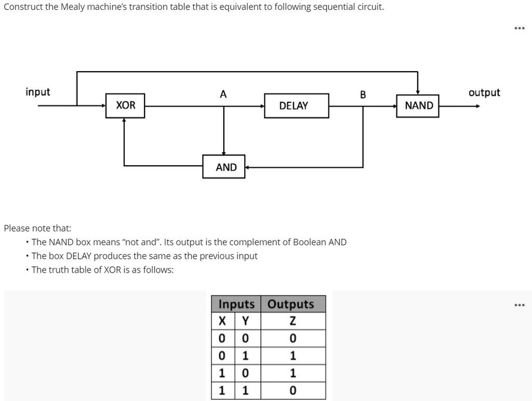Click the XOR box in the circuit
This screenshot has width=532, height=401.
pyautogui.click(x=125, y=105)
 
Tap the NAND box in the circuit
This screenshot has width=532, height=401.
pyautogui.click(x=418, y=106)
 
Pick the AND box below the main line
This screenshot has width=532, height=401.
pyautogui.click(x=224, y=167)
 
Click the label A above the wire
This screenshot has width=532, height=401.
pyautogui.click(x=223, y=94)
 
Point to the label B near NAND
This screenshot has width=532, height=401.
pyautogui.click(x=363, y=95)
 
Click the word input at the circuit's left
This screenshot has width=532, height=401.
pyautogui.click(x=38, y=92)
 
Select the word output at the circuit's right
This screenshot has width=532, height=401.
pyautogui.click(x=484, y=93)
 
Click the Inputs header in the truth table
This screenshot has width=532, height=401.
pyautogui.click(x=236, y=304)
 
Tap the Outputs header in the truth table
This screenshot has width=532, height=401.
pyautogui.click(x=291, y=304)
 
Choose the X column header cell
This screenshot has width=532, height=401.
pyautogui.click(x=223, y=321)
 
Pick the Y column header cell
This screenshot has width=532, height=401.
pyautogui.click(x=246, y=321)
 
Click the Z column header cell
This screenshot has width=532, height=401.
pyautogui.click(x=292, y=321)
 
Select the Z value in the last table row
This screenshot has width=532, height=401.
pyautogui.click(x=292, y=391)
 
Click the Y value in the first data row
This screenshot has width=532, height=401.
pyautogui.click(x=246, y=339)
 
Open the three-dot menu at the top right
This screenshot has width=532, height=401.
pyautogui.click(x=518, y=29)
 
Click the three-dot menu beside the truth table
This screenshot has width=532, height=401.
pyautogui.click(x=518, y=305)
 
